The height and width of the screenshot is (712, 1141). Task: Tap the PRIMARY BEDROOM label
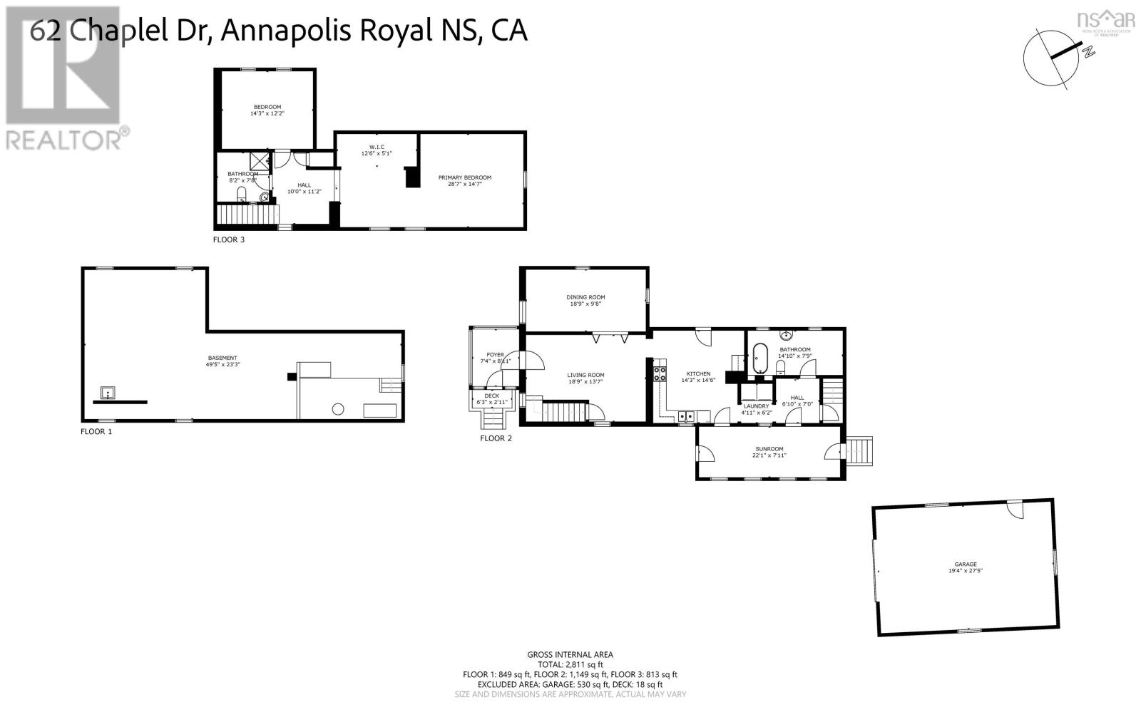pyautogui.click(x=464, y=177)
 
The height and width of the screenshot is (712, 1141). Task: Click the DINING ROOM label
pyautogui.click(x=585, y=297)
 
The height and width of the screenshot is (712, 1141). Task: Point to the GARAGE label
pyautogui.click(x=966, y=564)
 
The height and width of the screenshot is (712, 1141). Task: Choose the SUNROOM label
pyautogui.click(x=769, y=449)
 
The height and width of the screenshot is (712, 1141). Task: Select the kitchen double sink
pyautogui.click(x=685, y=416)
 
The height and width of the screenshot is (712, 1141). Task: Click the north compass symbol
pyautogui.click(x=1051, y=56)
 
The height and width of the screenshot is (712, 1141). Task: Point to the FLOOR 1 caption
pyautogui.click(x=96, y=431)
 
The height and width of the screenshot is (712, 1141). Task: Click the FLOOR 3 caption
pyautogui.click(x=229, y=239)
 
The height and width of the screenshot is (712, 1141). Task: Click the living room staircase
pyautogui.click(x=563, y=411)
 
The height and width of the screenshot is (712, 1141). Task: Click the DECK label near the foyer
pyautogui.click(x=492, y=396)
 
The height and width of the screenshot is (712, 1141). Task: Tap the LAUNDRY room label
pyautogui.click(x=756, y=406)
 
